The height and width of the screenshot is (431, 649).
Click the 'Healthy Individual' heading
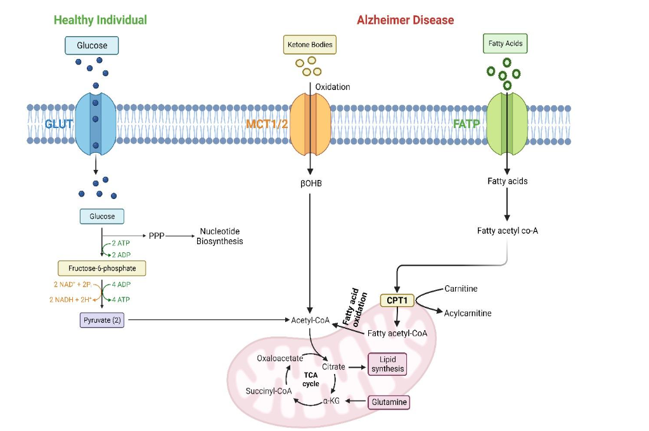click(100, 20)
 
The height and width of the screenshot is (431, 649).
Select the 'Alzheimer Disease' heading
click(405, 20)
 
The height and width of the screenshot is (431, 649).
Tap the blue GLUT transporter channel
click(95, 123)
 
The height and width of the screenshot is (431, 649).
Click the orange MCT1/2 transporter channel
click(310, 123)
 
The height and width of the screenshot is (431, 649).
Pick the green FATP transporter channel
click(506, 123)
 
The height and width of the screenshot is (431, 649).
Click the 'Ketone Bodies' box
click(310, 45)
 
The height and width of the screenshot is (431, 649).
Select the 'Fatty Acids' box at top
click(505, 44)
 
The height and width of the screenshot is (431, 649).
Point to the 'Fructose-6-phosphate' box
click(101, 268)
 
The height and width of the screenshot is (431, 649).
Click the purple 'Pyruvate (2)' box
click(102, 320)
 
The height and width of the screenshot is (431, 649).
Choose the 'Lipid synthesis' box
click(387, 364)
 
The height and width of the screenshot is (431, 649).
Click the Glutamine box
click(389, 402)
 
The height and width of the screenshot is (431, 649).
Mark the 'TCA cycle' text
click(311, 379)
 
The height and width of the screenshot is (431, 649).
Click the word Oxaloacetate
click(280, 358)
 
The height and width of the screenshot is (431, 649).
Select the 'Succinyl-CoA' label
click(269, 391)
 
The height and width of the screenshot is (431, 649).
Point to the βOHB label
click(311, 183)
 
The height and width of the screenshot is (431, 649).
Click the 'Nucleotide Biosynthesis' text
click(219, 236)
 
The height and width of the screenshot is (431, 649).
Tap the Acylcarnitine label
click(468, 313)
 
